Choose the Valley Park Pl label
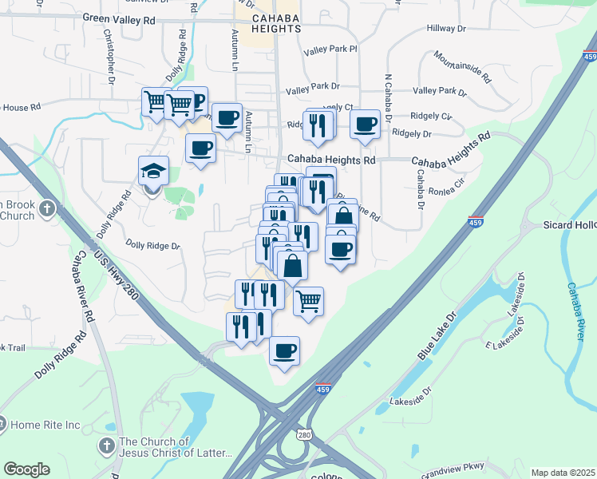(330, 49)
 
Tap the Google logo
(26, 469)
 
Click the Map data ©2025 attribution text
(563, 473)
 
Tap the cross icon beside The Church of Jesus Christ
(106, 445)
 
